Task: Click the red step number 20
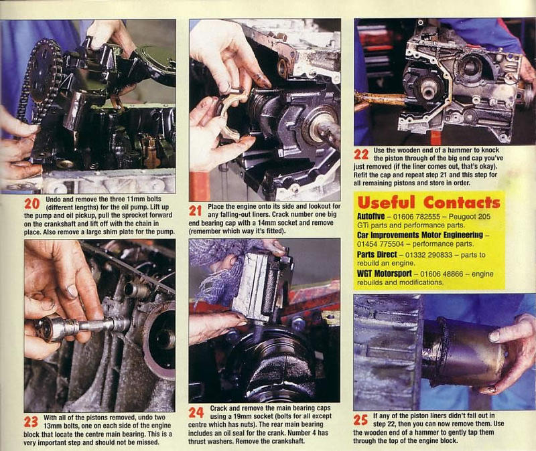coord(32,203)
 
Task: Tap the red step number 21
coord(196,211)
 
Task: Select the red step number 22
coord(361,155)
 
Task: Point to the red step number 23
coord(31,422)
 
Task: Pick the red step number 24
coord(196,412)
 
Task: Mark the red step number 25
coord(361,420)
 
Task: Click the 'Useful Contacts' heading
coord(428,203)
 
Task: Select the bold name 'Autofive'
coord(371,216)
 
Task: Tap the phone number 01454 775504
coord(381,244)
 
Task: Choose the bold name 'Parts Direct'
coord(377,255)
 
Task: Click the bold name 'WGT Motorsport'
coord(384,274)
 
